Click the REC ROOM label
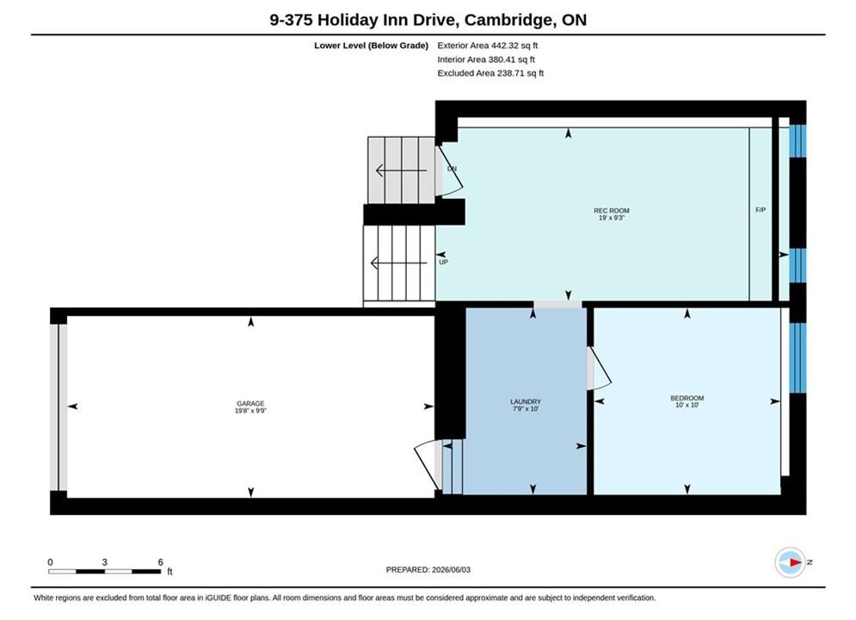pyautogui.click(x=612, y=210)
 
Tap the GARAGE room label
pyautogui.click(x=250, y=403)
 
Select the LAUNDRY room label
pyautogui.click(x=525, y=401)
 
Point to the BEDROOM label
pyautogui.click(x=687, y=398)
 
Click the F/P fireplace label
pyautogui.click(x=761, y=210)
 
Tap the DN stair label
pyautogui.click(x=452, y=169)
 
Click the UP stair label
pyautogui.click(x=443, y=262)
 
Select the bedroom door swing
pyautogui.click(x=600, y=369)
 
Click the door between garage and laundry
pyautogui.click(x=428, y=465)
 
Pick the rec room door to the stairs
pyautogui.click(x=449, y=170)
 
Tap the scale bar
pyautogui.click(x=104, y=572)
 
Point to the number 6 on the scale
pyautogui.click(x=161, y=561)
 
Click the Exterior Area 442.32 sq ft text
pyautogui.click(x=488, y=46)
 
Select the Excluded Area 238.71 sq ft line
pyautogui.click(x=490, y=73)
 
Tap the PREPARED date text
pyautogui.click(x=428, y=570)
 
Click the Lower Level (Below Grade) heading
pyautogui.click(x=372, y=46)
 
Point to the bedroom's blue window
pyautogui.click(x=797, y=358)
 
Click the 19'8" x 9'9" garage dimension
pyautogui.click(x=250, y=410)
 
